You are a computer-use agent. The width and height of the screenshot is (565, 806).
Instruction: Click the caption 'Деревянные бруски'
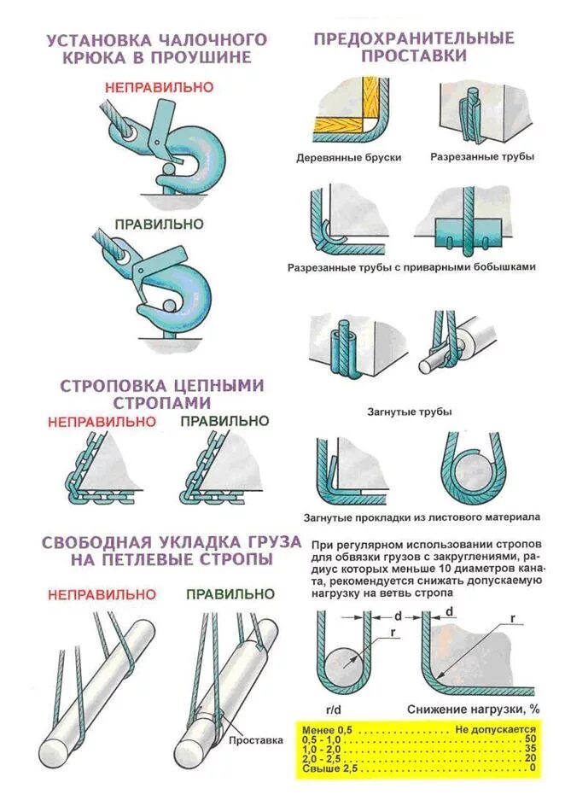(348, 158)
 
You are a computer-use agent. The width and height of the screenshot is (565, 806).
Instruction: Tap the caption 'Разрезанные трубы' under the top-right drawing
(482, 158)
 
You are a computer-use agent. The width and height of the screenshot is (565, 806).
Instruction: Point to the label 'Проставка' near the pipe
(255, 740)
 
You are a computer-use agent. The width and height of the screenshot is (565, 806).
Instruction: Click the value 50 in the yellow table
(530, 738)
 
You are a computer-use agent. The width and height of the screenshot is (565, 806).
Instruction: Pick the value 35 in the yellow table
(530, 748)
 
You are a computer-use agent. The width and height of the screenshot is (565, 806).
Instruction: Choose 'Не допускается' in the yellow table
(496, 728)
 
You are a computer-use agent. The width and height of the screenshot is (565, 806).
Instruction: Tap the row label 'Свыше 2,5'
(329, 768)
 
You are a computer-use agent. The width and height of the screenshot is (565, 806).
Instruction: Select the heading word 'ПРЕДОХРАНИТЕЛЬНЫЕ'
(414, 38)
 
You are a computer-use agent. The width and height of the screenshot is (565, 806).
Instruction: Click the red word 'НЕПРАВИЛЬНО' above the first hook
(159, 87)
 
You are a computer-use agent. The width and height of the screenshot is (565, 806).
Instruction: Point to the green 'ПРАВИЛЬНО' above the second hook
(160, 224)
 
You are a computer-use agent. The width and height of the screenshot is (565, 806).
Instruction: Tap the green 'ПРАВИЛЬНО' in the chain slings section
(224, 421)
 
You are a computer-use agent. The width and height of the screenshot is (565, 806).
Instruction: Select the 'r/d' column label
(335, 709)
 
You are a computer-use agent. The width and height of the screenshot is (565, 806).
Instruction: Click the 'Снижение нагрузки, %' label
(474, 709)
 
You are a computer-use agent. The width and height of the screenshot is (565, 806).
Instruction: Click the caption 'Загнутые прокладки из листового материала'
(422, 517)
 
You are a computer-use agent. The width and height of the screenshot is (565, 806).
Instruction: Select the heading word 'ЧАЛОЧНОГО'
(211, 39)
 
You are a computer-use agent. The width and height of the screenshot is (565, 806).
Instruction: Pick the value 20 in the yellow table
(530, 758)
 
